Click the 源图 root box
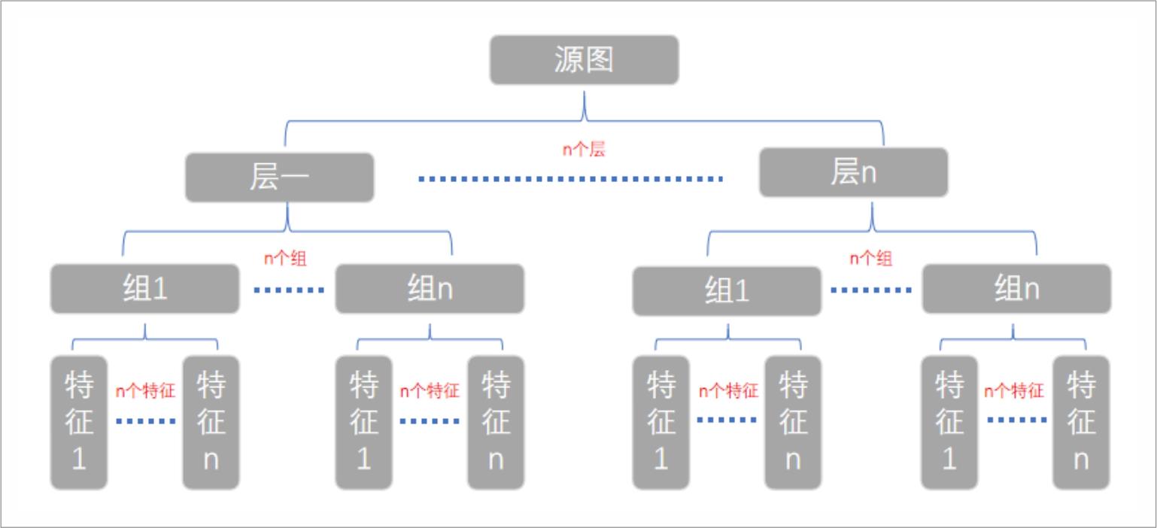(584, 59)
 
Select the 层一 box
(279, 178)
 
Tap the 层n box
(853, 172)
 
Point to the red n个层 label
(584, 149)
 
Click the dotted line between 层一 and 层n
(570, 179)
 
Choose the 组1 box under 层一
(145, 289)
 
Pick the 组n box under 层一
(430, 289)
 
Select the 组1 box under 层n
(727, 291)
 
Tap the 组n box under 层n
(1016, 289)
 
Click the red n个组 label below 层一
(285, 259)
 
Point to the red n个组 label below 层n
(871, 258)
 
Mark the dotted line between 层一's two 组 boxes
(289, 290)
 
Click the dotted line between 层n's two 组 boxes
(871, 290)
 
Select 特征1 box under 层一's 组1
(79, 423)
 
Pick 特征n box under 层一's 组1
(211, 423)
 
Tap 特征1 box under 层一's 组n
(363, 423)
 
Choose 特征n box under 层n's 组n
(1080, 423)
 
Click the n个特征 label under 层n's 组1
(728, 390)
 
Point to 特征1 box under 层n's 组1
(660, 423)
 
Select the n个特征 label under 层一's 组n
(429, 390)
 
